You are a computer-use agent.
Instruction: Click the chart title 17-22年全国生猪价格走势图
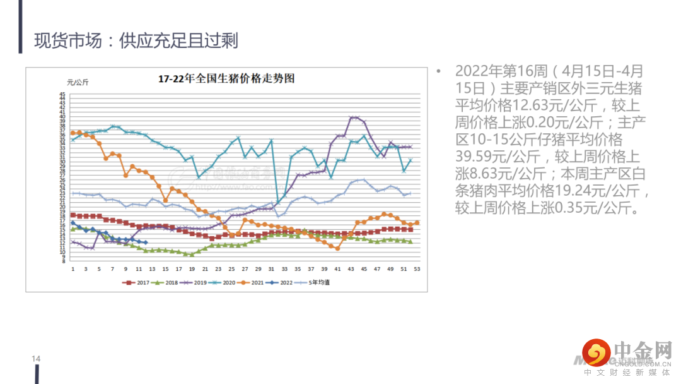(x=226, y=79)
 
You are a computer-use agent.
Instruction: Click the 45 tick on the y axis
(x=62, y=94)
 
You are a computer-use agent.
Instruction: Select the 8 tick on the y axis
(x=62, y=260)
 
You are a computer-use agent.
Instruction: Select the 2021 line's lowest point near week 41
(x=337, y=248)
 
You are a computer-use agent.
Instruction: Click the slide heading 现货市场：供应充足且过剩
(x=136, y=41)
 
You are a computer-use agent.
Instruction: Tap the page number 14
(x=36, y=359)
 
